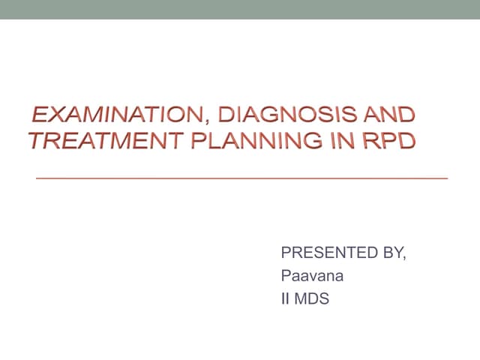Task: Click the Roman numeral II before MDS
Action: pos(283,298)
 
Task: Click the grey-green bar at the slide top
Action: pos(240,9)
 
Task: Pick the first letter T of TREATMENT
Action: pos(35,140)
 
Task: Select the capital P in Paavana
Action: pos(286,276)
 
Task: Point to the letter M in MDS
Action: pos(298,298)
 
